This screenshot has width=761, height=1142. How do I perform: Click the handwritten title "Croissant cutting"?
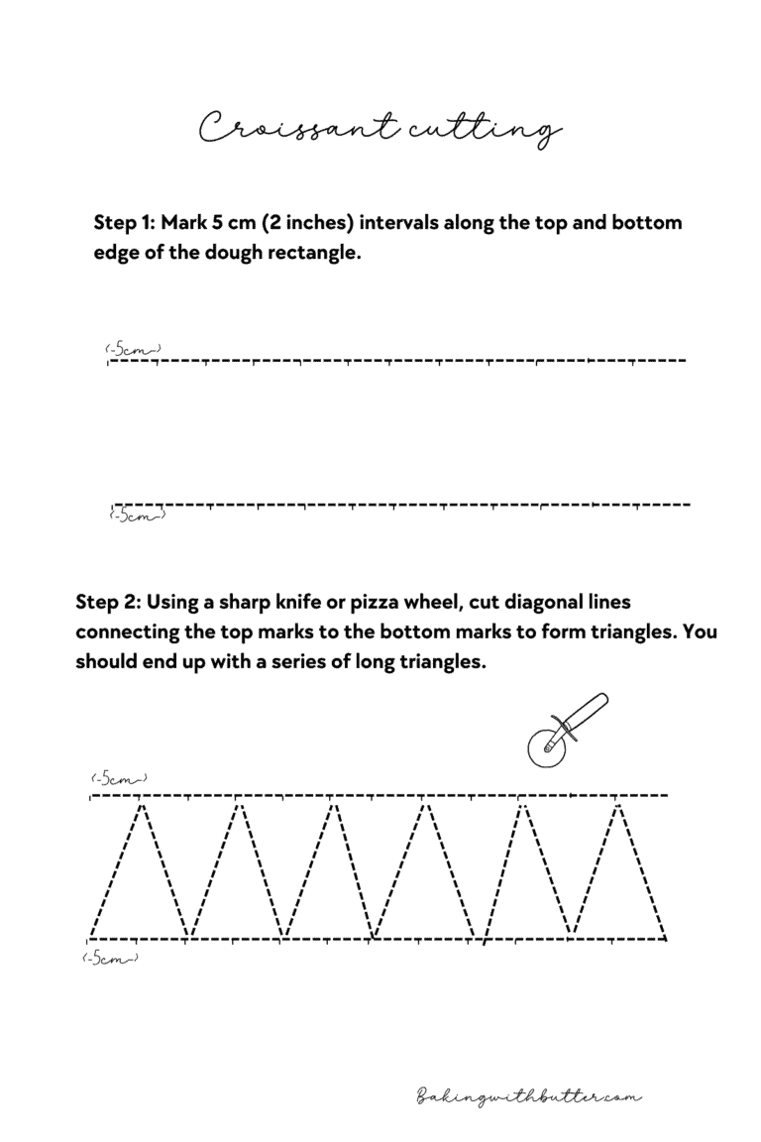coord(380,129)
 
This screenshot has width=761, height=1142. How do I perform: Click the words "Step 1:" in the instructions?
coord(125,222)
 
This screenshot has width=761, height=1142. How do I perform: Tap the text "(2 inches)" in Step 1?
coord(307,222)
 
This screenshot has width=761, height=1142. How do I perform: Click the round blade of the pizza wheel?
coord(544,745)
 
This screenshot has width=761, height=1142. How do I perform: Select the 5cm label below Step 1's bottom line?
coord(137,514)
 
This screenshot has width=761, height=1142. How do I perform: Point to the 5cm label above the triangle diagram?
coord(119,778)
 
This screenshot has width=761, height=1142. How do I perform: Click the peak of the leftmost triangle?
coord(142,804)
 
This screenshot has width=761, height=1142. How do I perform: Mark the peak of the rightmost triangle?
coord(619,804)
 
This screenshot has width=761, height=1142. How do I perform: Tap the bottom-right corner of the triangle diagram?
coord(666,938)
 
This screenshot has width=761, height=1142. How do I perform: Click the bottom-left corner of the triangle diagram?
coord(89,938)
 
